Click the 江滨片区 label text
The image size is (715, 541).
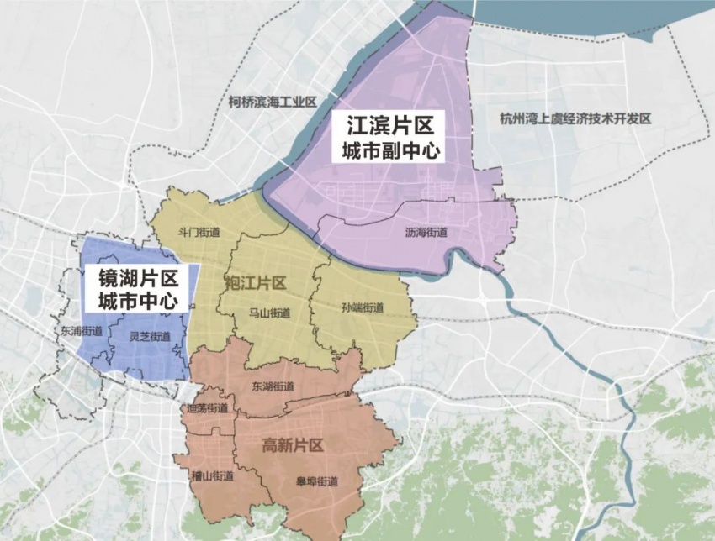(x=392, y=126)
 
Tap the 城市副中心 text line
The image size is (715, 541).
(x=392, y=152)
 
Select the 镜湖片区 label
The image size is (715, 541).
(x=139, y=278)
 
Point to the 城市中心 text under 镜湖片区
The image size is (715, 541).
(x=139, y=301)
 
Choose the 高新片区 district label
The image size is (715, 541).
(x=293, y=445)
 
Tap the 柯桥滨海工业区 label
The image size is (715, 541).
(x=272, y=102)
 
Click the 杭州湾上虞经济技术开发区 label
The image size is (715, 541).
(x=575, y=118)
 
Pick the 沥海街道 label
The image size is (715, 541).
(x=426, y=233)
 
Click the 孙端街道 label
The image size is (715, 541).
(x=363, y=307)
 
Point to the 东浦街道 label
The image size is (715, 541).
(x=81, y=331)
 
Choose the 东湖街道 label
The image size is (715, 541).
(x=273, y=386)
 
